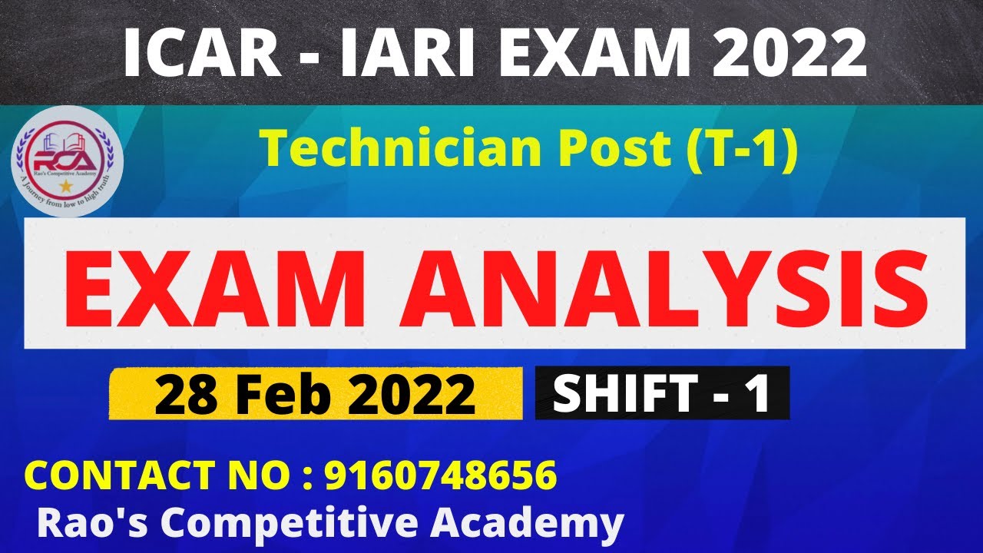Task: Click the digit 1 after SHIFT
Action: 759,392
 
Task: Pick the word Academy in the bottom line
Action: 526,525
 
